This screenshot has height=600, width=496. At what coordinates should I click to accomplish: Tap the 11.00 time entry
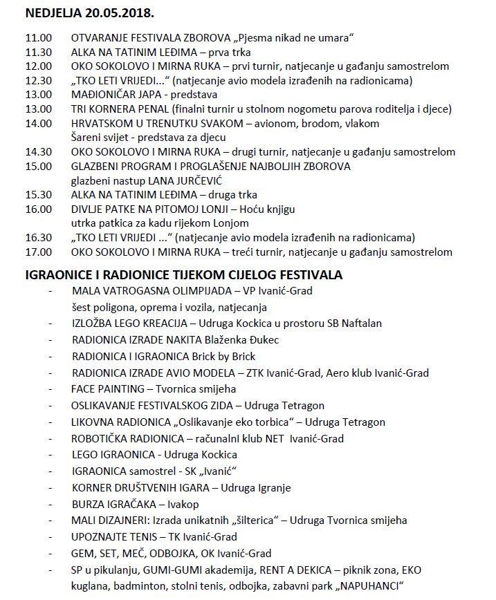(x=37, y=37)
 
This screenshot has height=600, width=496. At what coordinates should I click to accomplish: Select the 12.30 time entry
(x=37, y=80)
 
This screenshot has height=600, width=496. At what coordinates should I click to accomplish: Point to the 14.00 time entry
(x=37, y=123)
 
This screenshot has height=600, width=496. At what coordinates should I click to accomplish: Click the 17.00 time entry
(x=37, y=252)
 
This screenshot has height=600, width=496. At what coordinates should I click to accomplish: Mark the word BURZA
(x=88, y=504)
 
